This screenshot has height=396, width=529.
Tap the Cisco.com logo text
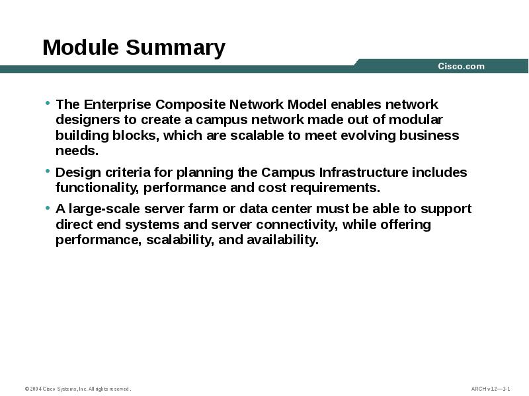[x=461, y=66]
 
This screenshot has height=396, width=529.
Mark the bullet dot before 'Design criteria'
[x=48, y=171]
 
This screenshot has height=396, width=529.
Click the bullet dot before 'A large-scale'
[x=48, y=208]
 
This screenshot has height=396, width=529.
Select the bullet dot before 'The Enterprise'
[x=48, y=103]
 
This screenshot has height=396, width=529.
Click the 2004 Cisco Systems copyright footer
[x=78, y=389]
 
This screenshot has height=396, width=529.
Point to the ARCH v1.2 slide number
[x=490, y=389]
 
